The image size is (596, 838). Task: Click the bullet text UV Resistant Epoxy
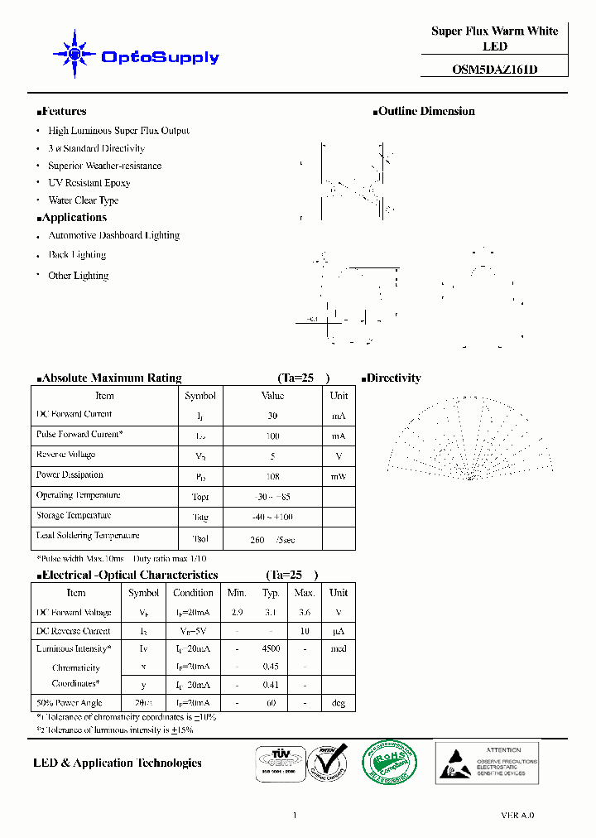(x=89, y=183)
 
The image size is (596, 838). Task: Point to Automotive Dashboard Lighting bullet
(x=113, y=235)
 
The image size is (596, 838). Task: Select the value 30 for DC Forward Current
(x=272, y=416)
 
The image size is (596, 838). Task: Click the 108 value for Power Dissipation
(x=272, y=476)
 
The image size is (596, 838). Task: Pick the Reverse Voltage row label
(x=65, y=455)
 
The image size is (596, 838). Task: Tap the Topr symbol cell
(x=200, y=497)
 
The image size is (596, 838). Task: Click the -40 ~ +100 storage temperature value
(x=272, y=517)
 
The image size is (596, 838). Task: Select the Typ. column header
(x=271, y=593)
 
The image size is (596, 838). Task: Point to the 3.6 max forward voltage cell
(x=305, y=612)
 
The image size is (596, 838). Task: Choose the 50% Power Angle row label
(x=69, y=703)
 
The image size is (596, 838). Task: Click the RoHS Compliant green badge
(x=391, y=763)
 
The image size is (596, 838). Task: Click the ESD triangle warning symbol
(x=454, y=762)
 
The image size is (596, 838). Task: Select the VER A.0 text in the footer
(x=518, y=816)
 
